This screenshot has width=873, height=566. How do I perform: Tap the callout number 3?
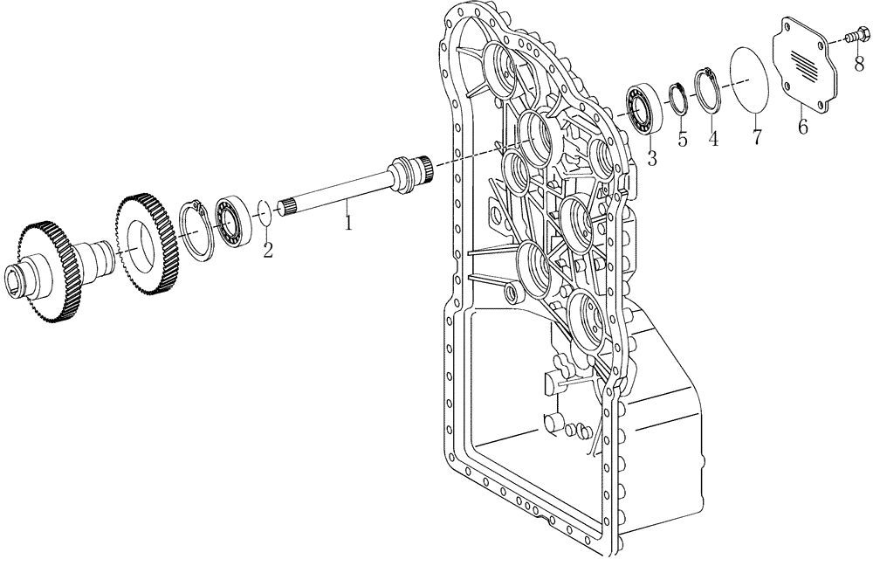pos(651,158)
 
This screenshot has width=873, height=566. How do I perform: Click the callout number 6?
pos(802,126)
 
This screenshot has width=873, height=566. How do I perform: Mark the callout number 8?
pos(859,63)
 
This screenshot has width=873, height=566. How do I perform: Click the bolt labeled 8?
pos(855,37)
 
